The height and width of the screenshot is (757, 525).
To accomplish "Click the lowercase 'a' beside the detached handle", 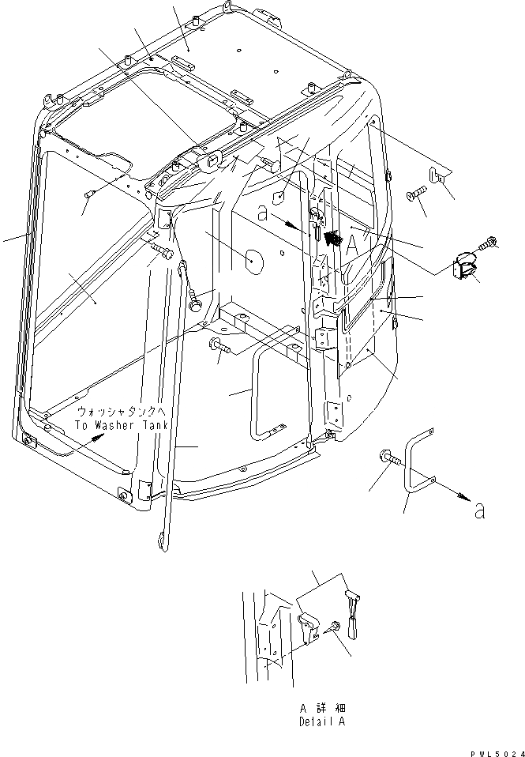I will tap(480, 511).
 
